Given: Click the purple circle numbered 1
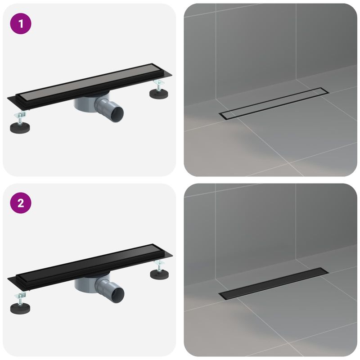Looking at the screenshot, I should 21,24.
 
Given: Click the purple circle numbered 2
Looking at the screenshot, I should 21,203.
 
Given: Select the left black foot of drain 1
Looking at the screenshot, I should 20,126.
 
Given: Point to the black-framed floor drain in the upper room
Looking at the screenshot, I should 274,102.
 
